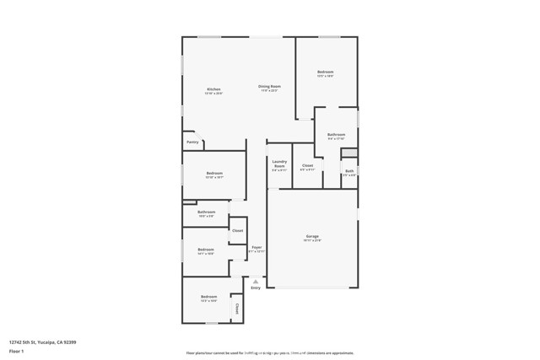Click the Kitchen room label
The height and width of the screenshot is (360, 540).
coord(213,89)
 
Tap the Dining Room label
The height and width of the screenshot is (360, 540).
coord(269,87)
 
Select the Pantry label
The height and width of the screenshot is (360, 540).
coord(192,142)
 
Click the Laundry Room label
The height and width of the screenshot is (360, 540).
coord(279,164)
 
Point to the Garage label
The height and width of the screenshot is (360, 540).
coord(312,236)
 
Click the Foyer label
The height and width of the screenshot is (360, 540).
coord(256,248)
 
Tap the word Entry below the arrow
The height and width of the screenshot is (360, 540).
coord(256,287)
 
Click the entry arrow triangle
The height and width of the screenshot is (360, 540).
coord(256,280)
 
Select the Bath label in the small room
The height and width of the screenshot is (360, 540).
coord(348,171)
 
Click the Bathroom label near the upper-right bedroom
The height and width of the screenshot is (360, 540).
coord(337,135)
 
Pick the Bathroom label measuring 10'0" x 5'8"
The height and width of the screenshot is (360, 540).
coord(207,212)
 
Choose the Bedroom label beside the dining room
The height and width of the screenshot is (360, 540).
coord(326,72)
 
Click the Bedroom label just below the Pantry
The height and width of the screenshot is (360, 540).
coord(214,173)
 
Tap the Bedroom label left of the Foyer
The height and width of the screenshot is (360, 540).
coord(206,249)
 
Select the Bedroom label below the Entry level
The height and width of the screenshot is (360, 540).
coord(208,297)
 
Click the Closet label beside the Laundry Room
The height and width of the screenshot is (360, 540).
coord(307,165)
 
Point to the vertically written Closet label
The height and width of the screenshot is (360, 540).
coord(237,308)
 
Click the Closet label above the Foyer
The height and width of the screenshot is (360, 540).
coord(237,230)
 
